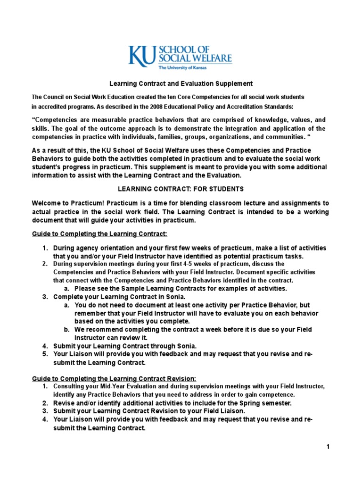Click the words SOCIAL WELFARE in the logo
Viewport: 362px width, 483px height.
click(x=195, y=58)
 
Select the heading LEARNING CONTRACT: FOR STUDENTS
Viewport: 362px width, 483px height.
click(x=181, y=189)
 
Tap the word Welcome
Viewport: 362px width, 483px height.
click(x=47, y=203)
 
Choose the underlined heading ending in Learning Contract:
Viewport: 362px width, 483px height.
click(x=99, y=234)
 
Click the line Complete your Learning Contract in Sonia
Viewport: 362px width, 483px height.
click(x=119, y=297)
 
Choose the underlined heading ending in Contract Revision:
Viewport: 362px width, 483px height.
click(x=113, y=378)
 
